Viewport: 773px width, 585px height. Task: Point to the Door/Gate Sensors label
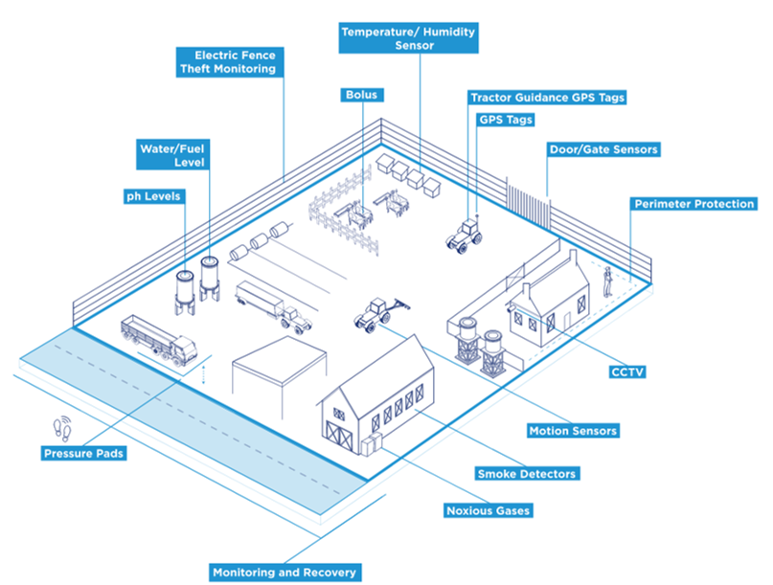click(603, 150)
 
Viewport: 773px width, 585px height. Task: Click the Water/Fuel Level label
click(171, 155)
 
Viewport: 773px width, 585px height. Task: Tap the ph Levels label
click(153, 196)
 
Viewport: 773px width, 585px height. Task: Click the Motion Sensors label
click(574, 431)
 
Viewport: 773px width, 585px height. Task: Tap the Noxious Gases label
click(488, 510)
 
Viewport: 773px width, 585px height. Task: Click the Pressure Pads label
click(85, 453)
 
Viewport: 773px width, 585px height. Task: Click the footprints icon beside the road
click(61, 424)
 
